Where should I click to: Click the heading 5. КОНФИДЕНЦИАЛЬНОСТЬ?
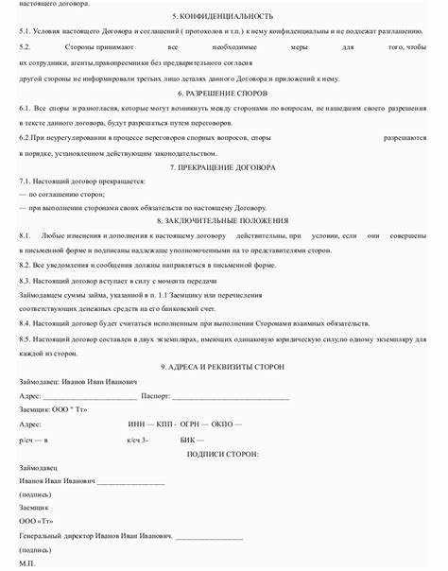223,17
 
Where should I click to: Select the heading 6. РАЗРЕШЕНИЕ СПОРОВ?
223,95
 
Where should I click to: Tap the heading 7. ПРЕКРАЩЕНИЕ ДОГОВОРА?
223,166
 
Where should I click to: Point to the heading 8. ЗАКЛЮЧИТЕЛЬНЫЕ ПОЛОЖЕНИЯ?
223,219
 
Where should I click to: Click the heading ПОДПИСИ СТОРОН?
223,454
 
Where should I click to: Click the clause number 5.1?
25,30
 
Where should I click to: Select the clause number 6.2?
25,138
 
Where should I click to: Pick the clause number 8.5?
25,337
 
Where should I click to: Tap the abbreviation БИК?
188,440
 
